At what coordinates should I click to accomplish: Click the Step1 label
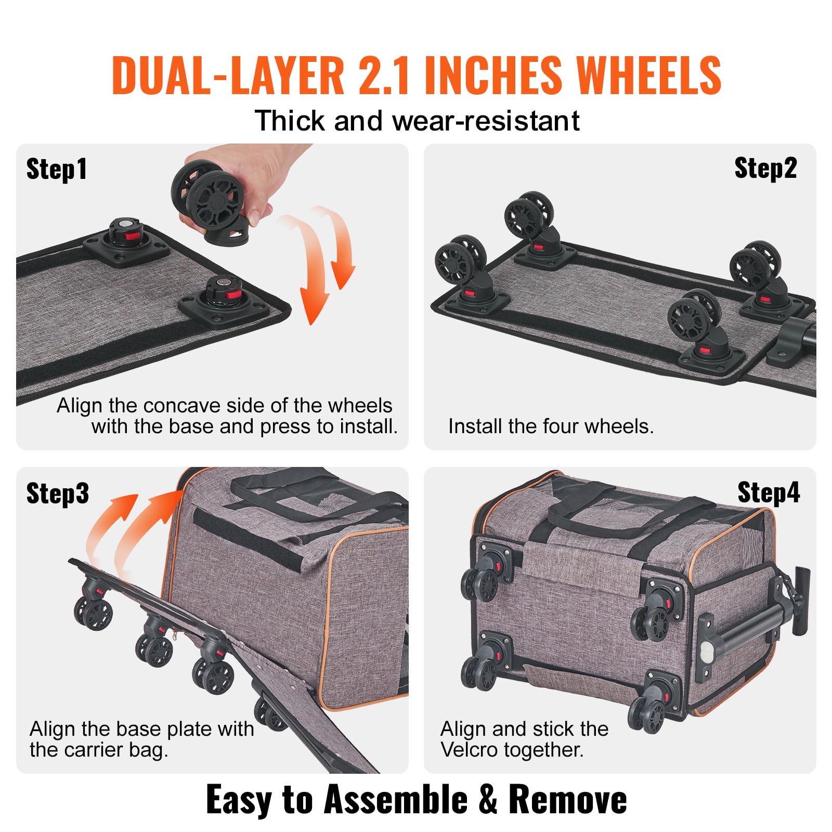coord(56,170)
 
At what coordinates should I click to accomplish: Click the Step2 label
coord(765,168)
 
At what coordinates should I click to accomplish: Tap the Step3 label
coord(57,493)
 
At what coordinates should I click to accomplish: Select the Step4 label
coord(768,492)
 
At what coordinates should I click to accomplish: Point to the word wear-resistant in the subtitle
coord(486,121)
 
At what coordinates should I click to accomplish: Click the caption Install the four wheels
coord(551,426)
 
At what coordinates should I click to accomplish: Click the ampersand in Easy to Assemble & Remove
coord(488,799)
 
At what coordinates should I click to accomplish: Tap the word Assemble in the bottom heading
coord(395,799)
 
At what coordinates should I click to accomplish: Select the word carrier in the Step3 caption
coord(92,749)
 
